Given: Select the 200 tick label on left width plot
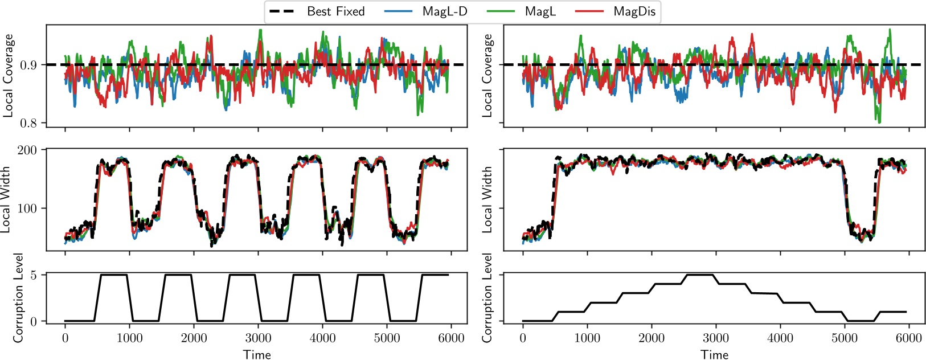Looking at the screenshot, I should click(x=27, y=150).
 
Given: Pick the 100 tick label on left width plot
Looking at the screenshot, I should click(x=27, y=208).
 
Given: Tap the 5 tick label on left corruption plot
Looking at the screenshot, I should click(x=34, y=275).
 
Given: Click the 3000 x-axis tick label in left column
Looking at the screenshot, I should click(x=258, y=338).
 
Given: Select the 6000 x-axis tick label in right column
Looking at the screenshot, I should click(x=909, y=338).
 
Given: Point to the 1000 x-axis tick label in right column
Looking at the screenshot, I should click(x=587, y=338).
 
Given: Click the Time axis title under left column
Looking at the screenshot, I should click(x=257, y=354).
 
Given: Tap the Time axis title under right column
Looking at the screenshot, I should click(x=715, y=354).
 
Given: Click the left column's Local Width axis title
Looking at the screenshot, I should click(x=7, y=199).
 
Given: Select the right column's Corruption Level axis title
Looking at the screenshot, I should click(x=487, y=297).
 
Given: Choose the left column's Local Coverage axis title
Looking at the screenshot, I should click(x=8, y=75).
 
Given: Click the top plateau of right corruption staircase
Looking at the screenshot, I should click(x=700, y=275).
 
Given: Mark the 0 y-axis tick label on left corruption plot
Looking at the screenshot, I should click(x=34, y=321).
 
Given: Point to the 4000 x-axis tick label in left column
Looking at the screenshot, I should click(x=322, y=338).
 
